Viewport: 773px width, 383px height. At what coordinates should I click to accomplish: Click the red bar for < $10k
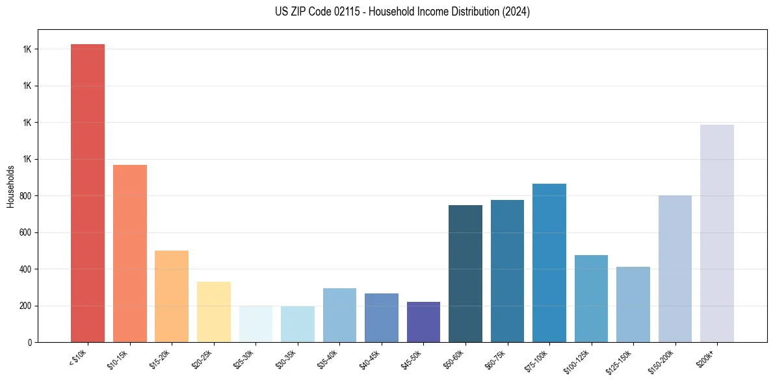point(88,193)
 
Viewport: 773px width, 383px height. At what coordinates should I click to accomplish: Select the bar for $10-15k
point(130,253)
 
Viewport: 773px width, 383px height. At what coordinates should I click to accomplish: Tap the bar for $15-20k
point(172,296)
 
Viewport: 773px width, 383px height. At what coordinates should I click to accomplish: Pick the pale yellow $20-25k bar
point(214,312)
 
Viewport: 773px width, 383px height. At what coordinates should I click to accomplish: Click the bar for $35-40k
point(339,315)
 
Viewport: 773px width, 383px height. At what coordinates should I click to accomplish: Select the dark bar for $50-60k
point(465,273)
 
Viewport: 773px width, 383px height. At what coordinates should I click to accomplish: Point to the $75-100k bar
point(549,263)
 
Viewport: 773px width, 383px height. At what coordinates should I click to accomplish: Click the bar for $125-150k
point(633,304)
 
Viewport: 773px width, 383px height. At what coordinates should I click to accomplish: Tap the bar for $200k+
point(717,233)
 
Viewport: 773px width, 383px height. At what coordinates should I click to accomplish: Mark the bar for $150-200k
point(675,269)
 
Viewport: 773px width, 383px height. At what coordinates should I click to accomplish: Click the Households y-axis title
point(10,186)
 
